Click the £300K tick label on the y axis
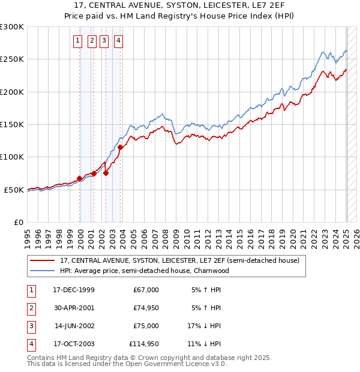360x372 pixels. [x=12, y=27]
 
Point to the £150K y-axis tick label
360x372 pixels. [x=12, y=124]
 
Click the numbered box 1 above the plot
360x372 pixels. [x=78, y=41]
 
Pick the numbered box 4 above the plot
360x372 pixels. [x=118, y=41]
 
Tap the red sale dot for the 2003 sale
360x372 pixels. [x=121, y=147]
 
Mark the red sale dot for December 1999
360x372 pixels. [x=80, y=178]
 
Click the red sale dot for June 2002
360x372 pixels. [x=106, y=173]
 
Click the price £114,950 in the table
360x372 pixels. [x=144, y=344]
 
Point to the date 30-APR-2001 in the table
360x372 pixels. [x=74, y=308]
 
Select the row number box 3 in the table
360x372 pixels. [x=31, y=326]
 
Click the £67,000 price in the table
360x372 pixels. [x=146, y=290]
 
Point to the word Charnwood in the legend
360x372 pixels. [x=211, y=271]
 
